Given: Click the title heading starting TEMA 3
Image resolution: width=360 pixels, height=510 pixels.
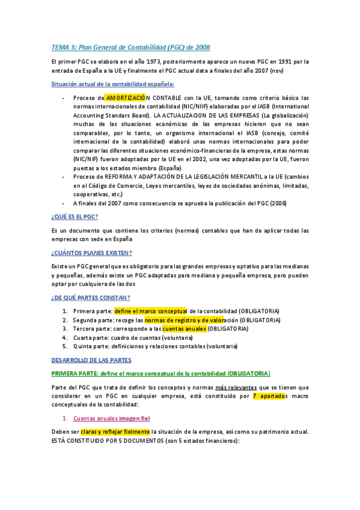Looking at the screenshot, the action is [x=131, y=48].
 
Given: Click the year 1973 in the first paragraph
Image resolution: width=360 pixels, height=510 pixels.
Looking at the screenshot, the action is [x=145, y=61].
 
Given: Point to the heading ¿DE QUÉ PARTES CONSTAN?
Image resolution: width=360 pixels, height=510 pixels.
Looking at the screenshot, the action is [x=91, y=298].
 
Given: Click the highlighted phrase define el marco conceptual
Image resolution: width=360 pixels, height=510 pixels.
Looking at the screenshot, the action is [x=151, y=311].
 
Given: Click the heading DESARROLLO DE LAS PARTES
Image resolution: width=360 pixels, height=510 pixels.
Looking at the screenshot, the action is [x=91, y=360].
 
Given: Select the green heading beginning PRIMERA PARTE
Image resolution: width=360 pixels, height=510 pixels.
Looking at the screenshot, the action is [x=161, y=373].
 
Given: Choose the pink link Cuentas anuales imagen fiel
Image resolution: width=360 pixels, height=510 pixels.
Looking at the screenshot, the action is [x=111, y=419].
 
